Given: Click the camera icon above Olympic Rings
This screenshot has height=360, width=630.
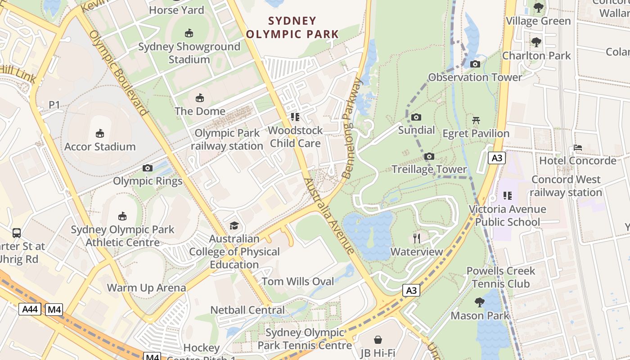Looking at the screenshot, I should point(147,168).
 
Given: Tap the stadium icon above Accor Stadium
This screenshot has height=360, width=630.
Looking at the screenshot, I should point(100,133).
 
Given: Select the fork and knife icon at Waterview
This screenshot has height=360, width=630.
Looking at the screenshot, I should point(417,238).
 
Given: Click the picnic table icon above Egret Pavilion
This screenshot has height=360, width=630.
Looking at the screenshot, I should point(476,120).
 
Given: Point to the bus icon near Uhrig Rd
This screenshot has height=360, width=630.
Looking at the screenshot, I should point(17,233).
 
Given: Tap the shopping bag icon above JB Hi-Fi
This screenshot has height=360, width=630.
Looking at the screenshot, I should point(378,340).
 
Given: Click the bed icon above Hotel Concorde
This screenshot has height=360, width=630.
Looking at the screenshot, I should point(577,148).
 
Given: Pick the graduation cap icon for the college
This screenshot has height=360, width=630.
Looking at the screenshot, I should point(234,225).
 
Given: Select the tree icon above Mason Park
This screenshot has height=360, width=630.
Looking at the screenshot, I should point(480,302).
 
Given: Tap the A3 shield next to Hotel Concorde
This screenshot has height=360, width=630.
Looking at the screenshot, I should point(497,158).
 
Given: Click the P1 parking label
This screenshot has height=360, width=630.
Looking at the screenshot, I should point(54,105).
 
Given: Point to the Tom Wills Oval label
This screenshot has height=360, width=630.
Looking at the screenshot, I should point(298,282).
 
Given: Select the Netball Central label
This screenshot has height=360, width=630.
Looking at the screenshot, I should point(247,310).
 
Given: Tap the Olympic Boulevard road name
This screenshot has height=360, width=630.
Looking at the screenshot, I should point(118,72).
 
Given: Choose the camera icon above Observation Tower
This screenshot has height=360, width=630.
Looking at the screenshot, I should point(475,64).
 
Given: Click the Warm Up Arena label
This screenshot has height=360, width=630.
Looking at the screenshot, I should point(146,288).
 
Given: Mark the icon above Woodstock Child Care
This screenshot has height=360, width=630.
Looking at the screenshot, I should point(295,117).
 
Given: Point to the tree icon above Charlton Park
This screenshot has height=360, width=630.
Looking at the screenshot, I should point(536,43).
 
